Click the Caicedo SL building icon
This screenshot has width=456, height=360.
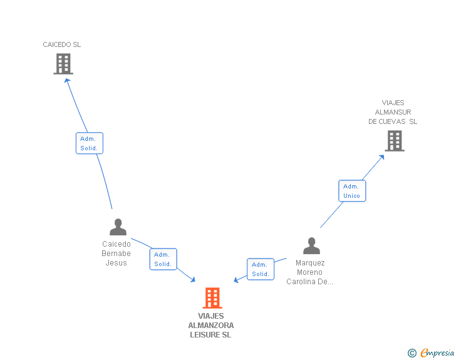click(63, 64)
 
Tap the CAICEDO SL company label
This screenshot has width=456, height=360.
click(62, 45)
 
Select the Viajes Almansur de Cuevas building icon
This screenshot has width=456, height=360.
click(394, 141)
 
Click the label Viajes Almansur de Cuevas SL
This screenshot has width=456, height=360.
click(393, 112)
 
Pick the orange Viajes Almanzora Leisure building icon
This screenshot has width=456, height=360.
click(212, 298)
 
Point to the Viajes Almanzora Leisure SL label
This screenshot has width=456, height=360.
click(210, 326)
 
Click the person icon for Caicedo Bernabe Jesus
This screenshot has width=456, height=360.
click(118, 227)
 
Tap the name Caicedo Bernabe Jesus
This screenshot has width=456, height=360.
click(117, 254)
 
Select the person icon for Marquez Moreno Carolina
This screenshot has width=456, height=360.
click(311, 246)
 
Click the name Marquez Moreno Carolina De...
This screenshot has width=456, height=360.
click(310, 272)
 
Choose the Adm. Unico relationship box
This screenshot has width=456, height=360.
click(351, 191)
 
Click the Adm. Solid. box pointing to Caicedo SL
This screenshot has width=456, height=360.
click(89, 143)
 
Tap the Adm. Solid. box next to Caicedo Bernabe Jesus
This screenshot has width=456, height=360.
click(163, 259)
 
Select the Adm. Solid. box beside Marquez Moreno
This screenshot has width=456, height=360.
click(261, 269)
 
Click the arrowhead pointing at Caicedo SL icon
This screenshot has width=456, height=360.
click(67, 80)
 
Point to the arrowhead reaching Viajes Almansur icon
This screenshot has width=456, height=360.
click(382, 156)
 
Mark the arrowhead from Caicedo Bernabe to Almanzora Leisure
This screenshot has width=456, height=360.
click(194, 280)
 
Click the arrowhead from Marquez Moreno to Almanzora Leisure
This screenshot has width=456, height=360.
click(236, 280)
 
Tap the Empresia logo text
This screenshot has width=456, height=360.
click(437, 353)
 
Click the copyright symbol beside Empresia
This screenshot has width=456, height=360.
click(412, 354)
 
